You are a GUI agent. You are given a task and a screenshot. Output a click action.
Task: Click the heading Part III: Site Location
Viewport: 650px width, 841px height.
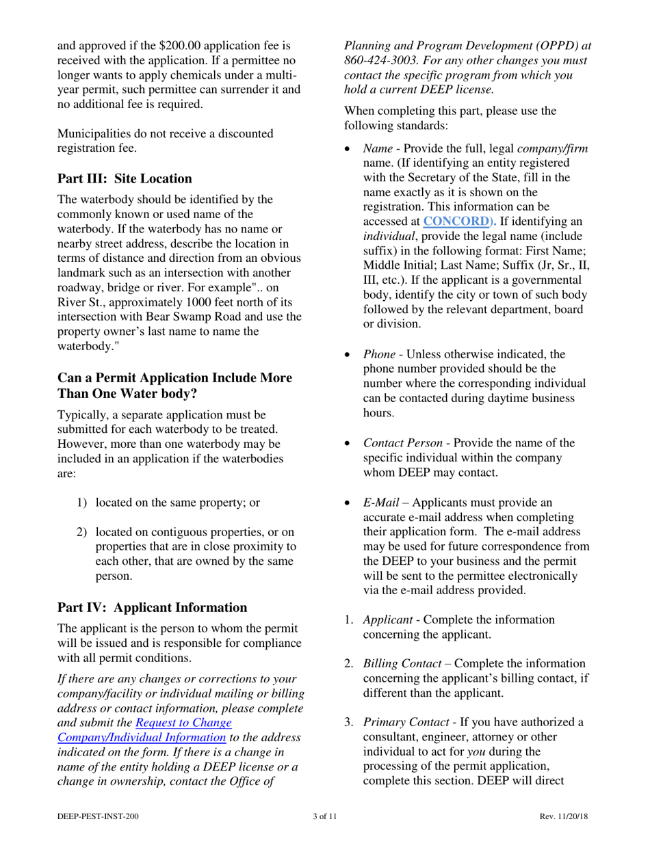coord(125,179)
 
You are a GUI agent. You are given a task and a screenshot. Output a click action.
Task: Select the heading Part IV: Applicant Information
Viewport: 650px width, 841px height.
coord(152,607)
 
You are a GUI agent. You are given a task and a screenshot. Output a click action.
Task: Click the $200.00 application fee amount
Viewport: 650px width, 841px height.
coord(184,46)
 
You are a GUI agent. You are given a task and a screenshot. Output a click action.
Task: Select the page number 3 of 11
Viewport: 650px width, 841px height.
coord(324,816)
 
